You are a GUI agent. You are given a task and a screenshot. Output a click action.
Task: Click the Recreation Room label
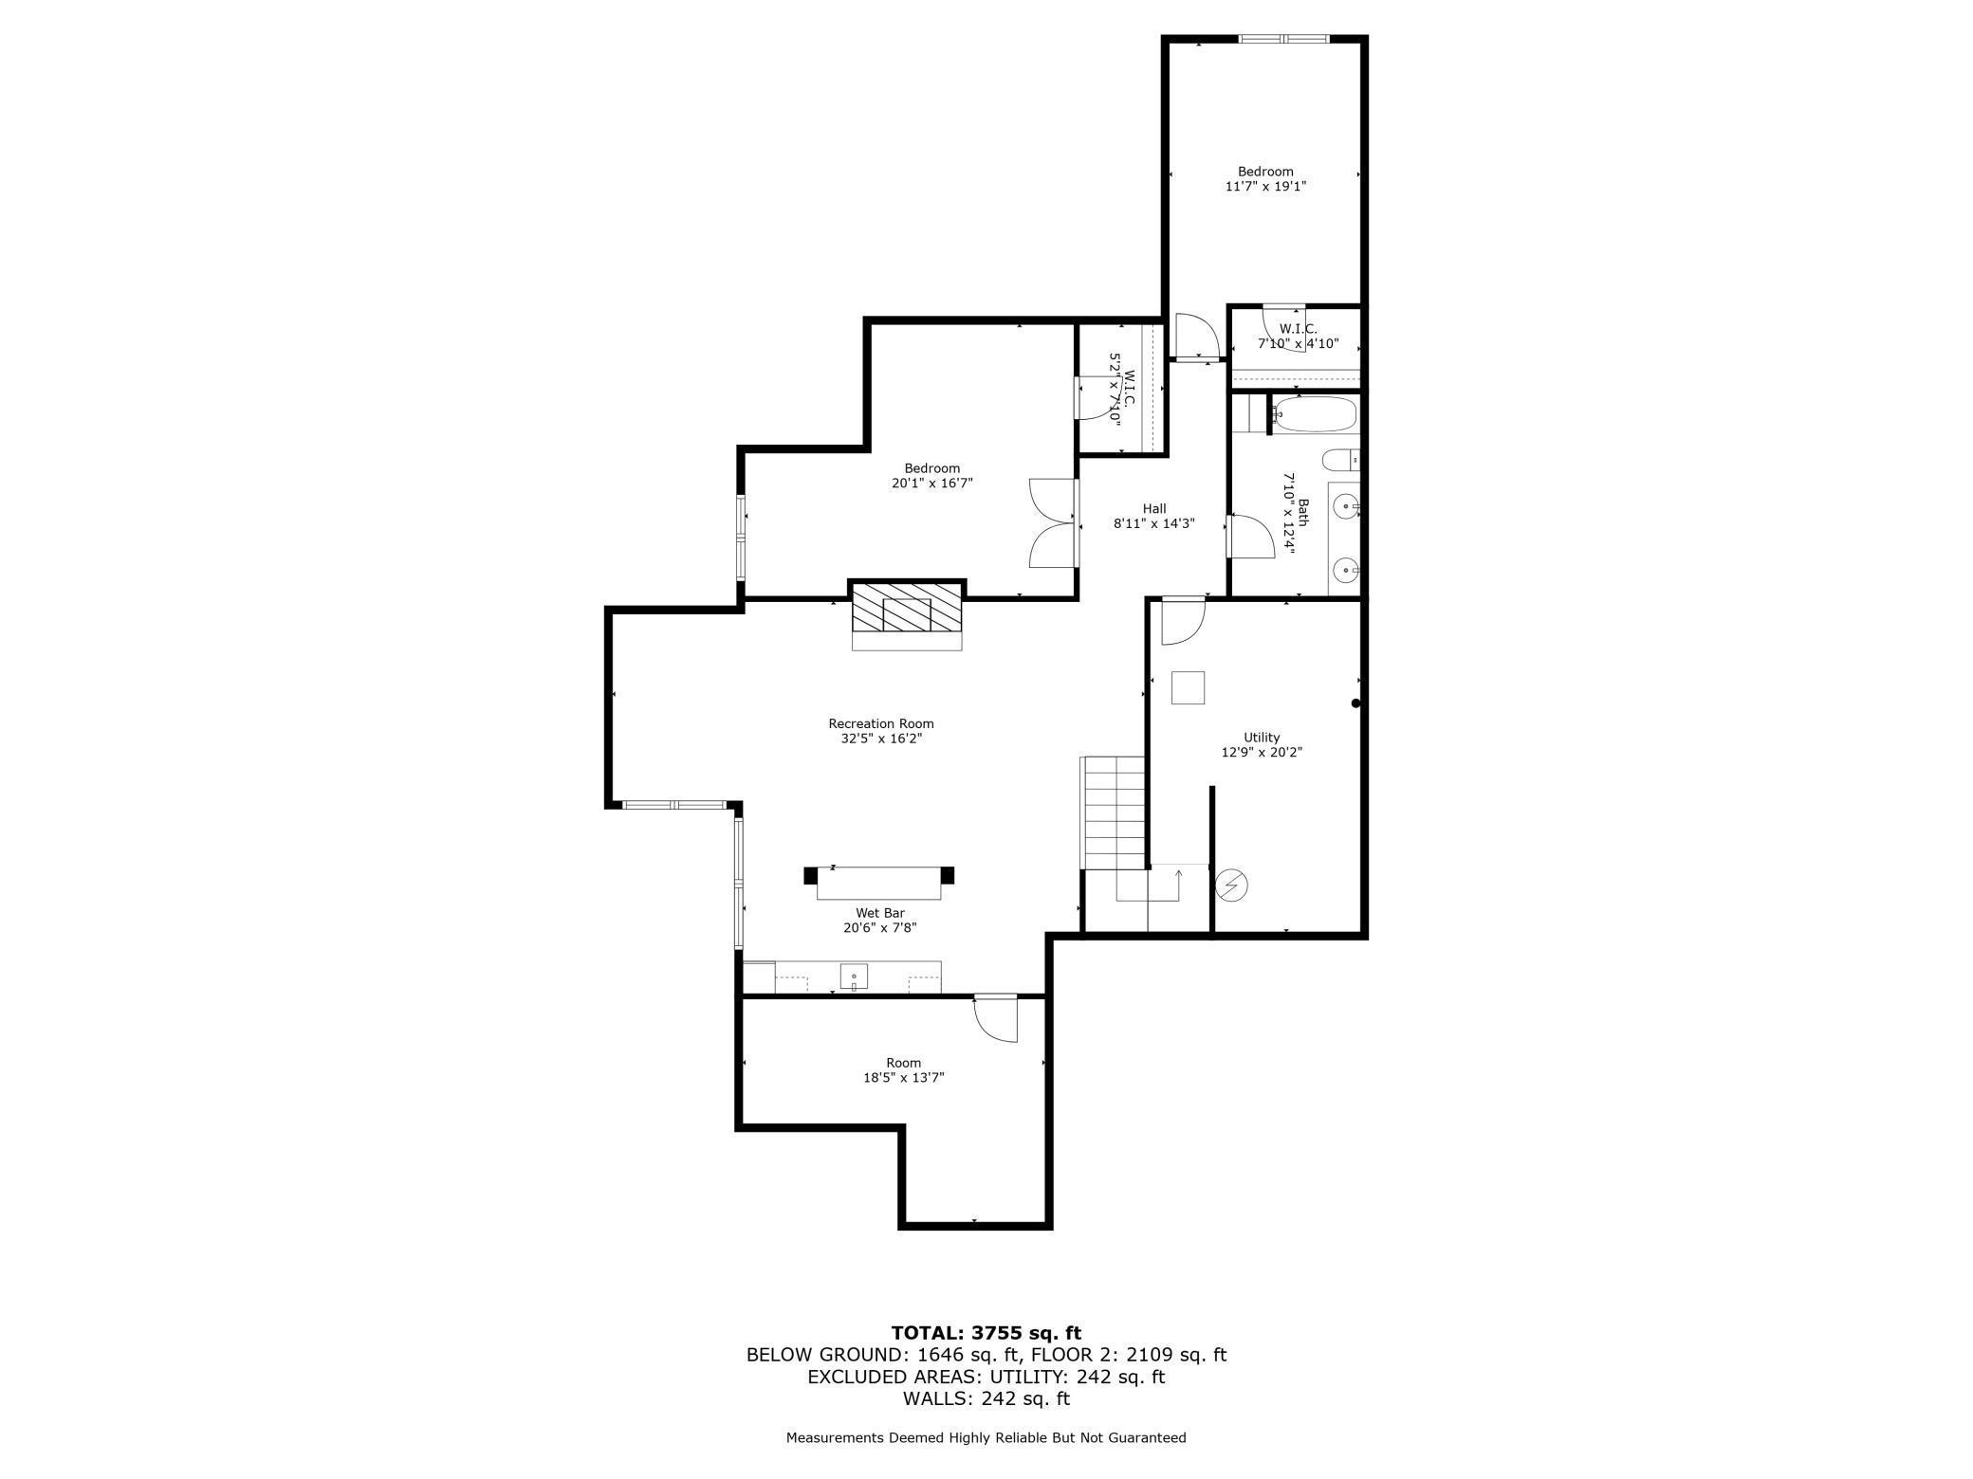pyautogui.click(x=880, y=723)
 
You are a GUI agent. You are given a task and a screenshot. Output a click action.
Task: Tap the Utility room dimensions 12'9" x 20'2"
pyautogui.click(x=1262, y=752)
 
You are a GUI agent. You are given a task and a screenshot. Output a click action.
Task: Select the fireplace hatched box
pyautogui.click(x=907, y=608)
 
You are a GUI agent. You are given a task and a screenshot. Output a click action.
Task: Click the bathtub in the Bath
pyautogui.click(x=1316, y=414)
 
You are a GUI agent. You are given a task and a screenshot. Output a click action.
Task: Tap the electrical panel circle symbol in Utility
pyautogui.click(x=1231, y=886)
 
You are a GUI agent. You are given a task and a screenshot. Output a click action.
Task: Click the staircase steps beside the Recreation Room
pyautogui.click(x=1114, y=812)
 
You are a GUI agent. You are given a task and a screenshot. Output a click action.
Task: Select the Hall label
pyautogui.click(x=1153, y=508)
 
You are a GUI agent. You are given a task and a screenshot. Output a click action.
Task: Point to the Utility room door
pyautogui.click(x=1182, y=621)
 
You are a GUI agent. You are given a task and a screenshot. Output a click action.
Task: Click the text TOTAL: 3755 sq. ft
pyautogui.click(x=986, y=1333)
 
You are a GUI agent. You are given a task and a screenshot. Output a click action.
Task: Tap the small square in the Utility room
pyautogui.click(x=1188, y=687)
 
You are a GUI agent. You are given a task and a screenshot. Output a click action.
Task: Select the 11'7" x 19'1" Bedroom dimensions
pyautogui.click(x=1265, y=187)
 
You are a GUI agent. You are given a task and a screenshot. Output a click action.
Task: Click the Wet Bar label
pyautogui.click(x=879, y=913)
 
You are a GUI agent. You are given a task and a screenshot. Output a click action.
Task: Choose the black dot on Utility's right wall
pyautogui.click(x=1355, y=703)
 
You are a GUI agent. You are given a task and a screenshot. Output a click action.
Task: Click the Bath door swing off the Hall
pyautogui.click(x=1249, y=537)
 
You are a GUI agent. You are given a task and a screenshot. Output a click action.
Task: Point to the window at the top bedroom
pyautogui.click(x=1283, y=39)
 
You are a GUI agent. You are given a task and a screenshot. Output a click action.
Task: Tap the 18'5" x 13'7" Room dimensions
pyautogui.click(x=903, y=1077)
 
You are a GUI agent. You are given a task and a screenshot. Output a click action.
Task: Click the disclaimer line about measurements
pyautogui.click(x=986, y=1437)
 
